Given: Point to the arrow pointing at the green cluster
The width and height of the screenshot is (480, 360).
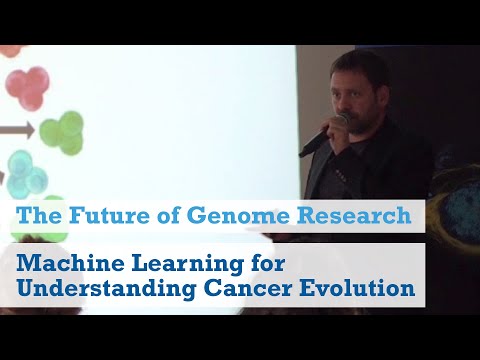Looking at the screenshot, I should click(22, 129).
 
